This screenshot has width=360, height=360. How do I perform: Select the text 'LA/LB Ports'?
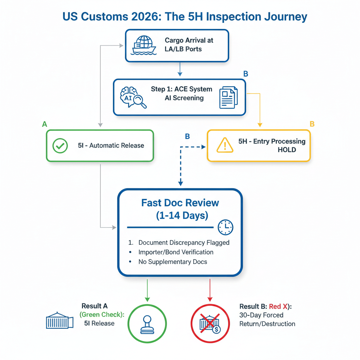(x=183, y=49)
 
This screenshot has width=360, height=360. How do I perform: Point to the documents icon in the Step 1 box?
(x=228, y=97)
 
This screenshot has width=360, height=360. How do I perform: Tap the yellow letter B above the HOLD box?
(x=311, y=124)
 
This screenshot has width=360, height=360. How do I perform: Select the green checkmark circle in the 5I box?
(x=60, y=146)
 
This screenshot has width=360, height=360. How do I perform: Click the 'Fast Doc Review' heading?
(x=180, y=203)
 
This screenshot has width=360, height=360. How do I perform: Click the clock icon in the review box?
(x=225, y=227)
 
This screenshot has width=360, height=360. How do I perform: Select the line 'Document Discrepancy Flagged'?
(x=184, y=243)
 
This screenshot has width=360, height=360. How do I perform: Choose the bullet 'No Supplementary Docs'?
(x=173, y=262)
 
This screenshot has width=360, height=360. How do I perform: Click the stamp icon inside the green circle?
(x=147, y=323)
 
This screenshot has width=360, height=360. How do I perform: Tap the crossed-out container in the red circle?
(x=210, y=323)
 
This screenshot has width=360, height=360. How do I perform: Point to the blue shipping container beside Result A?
(x=59, y=321)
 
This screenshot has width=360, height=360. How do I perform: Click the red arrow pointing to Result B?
(x=210, y=290)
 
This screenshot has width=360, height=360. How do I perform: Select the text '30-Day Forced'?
(x=261, y=315)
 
